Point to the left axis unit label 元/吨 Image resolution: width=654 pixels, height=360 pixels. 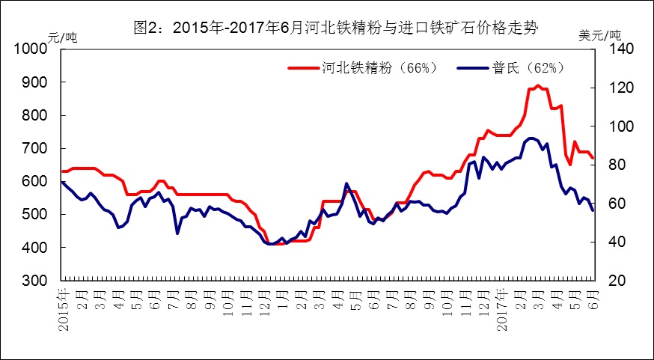[x=62, y=36]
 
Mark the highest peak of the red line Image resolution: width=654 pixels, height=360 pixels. [x=537, y=85]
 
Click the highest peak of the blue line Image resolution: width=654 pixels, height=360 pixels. [x=531, y=138]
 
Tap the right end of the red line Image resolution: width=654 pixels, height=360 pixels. [x=593, y=158]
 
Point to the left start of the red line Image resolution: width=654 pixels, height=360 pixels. [x=62, y=171]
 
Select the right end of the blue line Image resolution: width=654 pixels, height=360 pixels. [x=593, y=210]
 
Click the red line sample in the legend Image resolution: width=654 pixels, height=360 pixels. [x=303, y=67]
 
